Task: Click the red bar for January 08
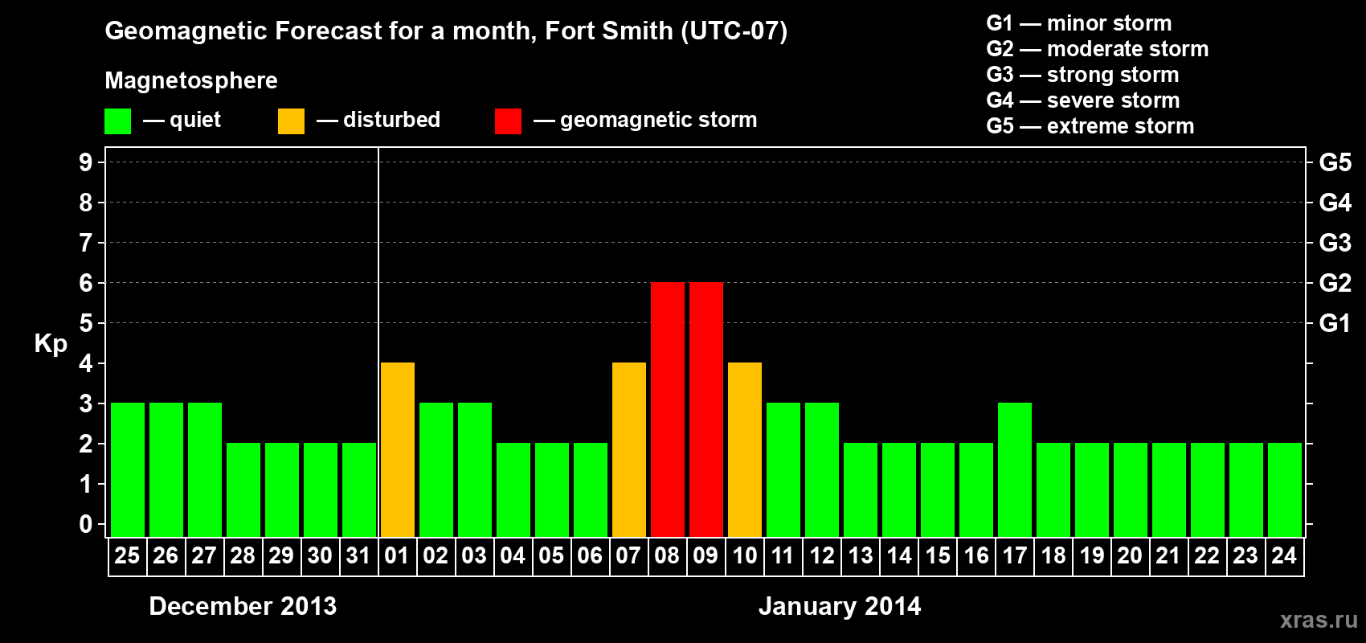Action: pyautogui.click(x=668, y=410)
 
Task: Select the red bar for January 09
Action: pyautogui.click(x=706, y=410)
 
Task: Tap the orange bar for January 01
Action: pyautogui.click(x=398, y=450)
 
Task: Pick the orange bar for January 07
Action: pyautogui.click(x=629, y=450)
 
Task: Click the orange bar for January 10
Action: pyautogui.click(x=745, y=450)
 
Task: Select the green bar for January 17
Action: pyautogui.click(x=1015, y=470)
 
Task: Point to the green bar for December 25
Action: pyautogui.click(x=128, y=470)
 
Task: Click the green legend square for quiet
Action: pyautogui.click(x=118, y=121)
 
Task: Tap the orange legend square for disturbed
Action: pyautogui.click(x=291, y=121)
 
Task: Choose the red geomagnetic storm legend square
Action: pyautogui.click(x=508, y=121)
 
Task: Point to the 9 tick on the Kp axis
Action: pyautogui.click(x=86, y=162)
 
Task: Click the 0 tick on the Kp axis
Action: pyautogui.click(x=86, y=525)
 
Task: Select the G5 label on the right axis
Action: pyautogui.click(x=1335, y=162)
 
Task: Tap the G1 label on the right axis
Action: pyautogui.click(x=1335, y=323)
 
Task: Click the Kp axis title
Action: pyautogui.click(x=51, y=343)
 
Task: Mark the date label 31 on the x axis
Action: pyautogui.click(x=358, y=555)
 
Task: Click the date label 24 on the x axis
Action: pyautogui.click(x=1284, y=555)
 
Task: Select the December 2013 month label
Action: pyautogui.click(x=243, y=606)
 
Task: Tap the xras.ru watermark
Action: pyautogui.click(x=1319, y=620)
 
